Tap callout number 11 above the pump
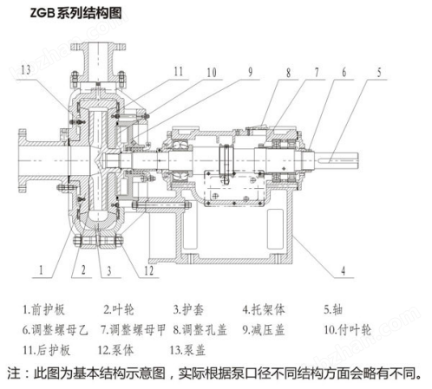tap(177, 71)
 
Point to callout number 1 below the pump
tap(40, 270)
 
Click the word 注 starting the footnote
tap(13, 375)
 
